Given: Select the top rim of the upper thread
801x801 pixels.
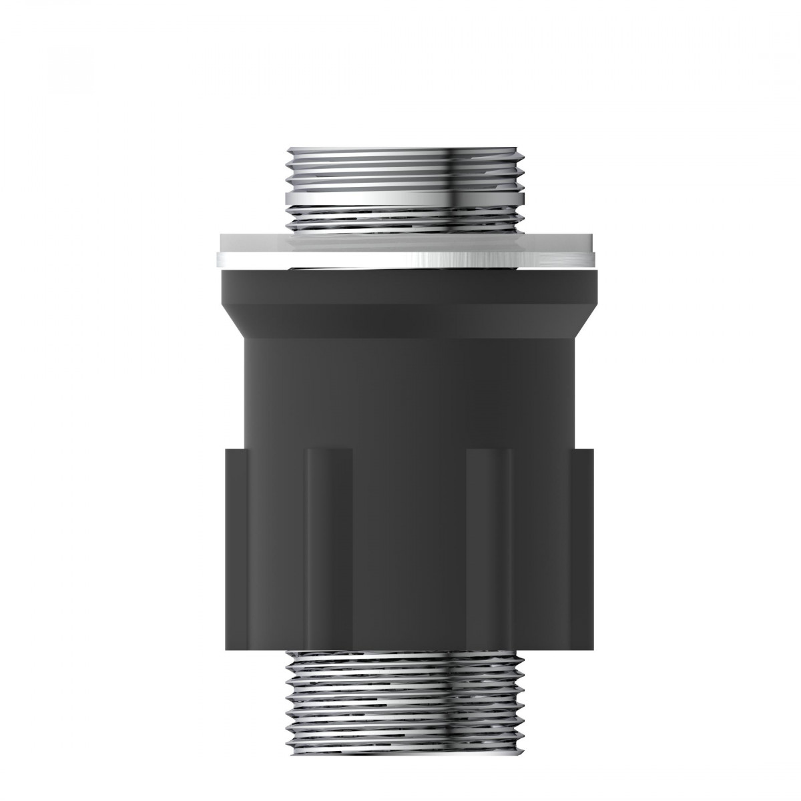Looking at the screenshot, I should tap(405, 149).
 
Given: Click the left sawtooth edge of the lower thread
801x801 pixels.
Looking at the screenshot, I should tap(288, 694).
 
